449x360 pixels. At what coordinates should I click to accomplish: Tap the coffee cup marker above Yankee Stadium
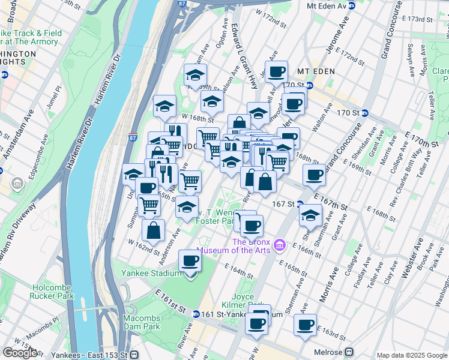click(190, 261)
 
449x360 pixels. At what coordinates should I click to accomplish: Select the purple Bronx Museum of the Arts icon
click(279, 245)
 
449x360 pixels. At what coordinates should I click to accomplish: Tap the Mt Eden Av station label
click(327, 5)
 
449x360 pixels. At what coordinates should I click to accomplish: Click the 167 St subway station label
click(282, 204)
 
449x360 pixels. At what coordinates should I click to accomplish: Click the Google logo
click(20, 353)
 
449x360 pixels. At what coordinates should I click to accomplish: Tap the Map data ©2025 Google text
click(411, 355)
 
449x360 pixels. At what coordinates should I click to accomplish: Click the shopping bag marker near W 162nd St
click(154, 230)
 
